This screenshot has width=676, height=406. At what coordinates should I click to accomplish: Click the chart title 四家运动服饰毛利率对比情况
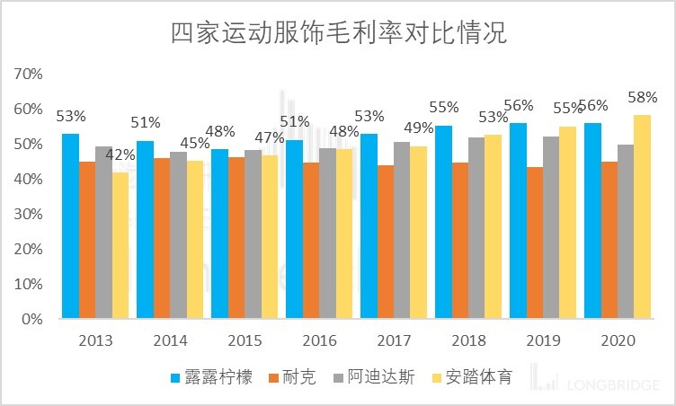[338, 33]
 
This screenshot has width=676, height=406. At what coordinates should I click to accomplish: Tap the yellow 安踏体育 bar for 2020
[643, 217]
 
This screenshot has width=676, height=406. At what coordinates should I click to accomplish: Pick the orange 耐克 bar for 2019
[535, 243]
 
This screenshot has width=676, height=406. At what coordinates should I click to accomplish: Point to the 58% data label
[643, 97]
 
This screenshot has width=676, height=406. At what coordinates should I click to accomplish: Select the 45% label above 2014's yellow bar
[195, 144]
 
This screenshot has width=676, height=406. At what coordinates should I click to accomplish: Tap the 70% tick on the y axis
[29, 74]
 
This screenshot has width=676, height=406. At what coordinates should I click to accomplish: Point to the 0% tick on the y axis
[32, 319]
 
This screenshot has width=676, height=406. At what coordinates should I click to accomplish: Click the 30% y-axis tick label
[29, 214]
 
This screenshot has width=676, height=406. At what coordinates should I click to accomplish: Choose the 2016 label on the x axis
[319, 341]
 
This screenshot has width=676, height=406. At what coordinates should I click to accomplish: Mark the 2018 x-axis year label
[468, 341]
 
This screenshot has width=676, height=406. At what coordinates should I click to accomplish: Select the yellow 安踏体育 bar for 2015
[270, 237]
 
